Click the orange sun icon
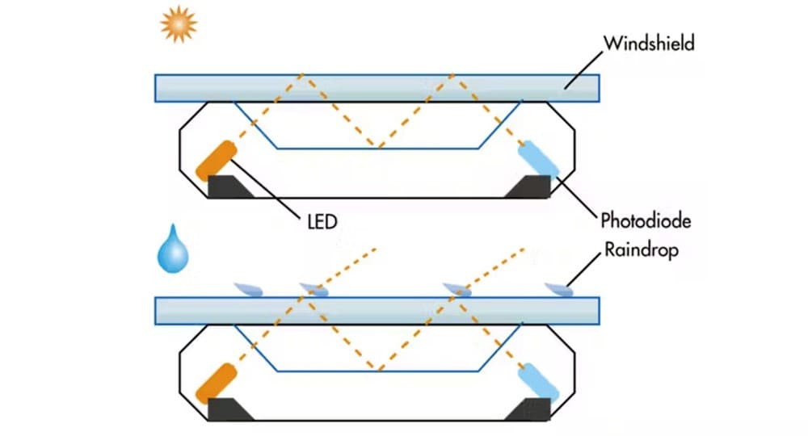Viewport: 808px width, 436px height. pyautogui.click(x=179, y=25)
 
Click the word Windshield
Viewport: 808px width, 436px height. pyautogui.click(x=648, y=42)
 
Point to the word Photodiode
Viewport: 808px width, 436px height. pyautogui.click(x=646, y=219)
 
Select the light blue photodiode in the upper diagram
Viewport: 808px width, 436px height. pyautogui.click(x=537, y=158)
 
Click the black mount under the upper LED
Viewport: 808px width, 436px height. pyautogui.click(x=228, y=187)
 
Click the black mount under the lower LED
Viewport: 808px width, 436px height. pyautogui.click(x=228, y=410)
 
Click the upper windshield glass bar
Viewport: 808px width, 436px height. pyautogui.click(x=377, y=88)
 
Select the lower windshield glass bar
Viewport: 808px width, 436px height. pyautogui.click(x=377, y=311)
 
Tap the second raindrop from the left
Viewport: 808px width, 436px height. pyautogui.click(x=314, y=289)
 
